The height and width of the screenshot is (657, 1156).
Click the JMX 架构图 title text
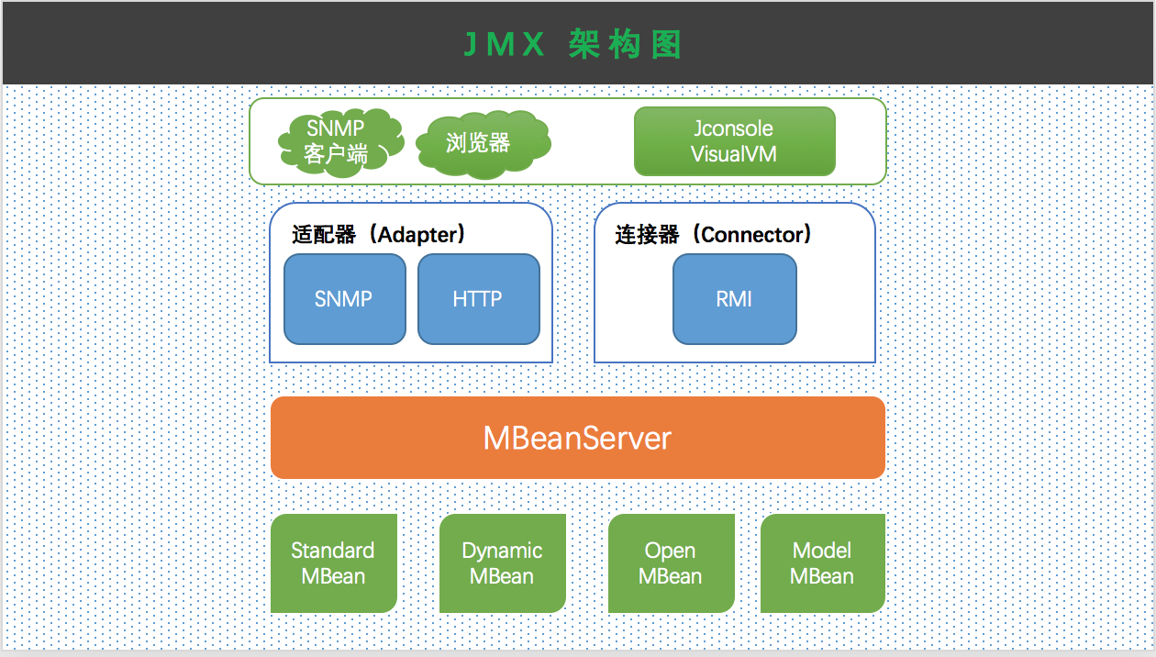(572, 44)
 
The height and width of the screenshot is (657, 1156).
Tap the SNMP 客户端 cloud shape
(338, 141)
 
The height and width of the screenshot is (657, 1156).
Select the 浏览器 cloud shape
(479, 143)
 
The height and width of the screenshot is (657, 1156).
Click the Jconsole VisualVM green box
(734, 141)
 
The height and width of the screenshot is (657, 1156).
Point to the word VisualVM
(734, 154)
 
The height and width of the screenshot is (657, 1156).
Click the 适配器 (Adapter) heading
(379, 235)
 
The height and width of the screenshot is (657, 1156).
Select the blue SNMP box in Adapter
(344, 299)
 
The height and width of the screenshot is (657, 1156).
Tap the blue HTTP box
(478, 299)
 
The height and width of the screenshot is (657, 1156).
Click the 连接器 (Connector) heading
(714, 235)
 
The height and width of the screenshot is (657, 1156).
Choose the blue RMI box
(734, 299)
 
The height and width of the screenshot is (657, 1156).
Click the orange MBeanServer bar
(577, 438)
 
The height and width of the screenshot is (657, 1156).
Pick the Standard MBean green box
(333, 563)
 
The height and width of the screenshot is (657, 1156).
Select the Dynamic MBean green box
(502, 563)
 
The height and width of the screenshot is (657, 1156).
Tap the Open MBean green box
(671, 563)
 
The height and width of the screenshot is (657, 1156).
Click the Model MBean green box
(822, 563)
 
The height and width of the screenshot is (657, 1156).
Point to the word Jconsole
(734, 128)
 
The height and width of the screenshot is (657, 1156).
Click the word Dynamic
(502, 551)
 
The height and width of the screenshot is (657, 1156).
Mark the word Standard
(333, 551)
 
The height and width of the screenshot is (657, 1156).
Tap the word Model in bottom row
(822, 551)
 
